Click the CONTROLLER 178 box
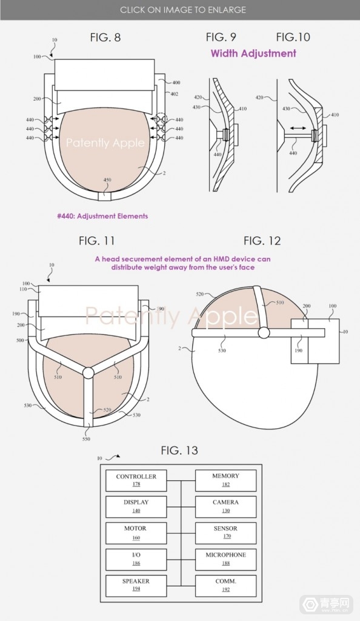click(x=136, y=480)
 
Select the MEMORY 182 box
click(x=225, y=480)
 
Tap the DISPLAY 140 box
click(x=136, y=506)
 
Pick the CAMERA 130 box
click(x=225, y=506)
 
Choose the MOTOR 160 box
click(x=136, y=533)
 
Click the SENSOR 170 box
click(x=225, y=533)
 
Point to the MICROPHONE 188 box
click(x=225, y=559)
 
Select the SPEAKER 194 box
click(x=136, y=585)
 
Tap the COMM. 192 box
click(x=225, y=585)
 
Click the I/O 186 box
click(x=136, y=559)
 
